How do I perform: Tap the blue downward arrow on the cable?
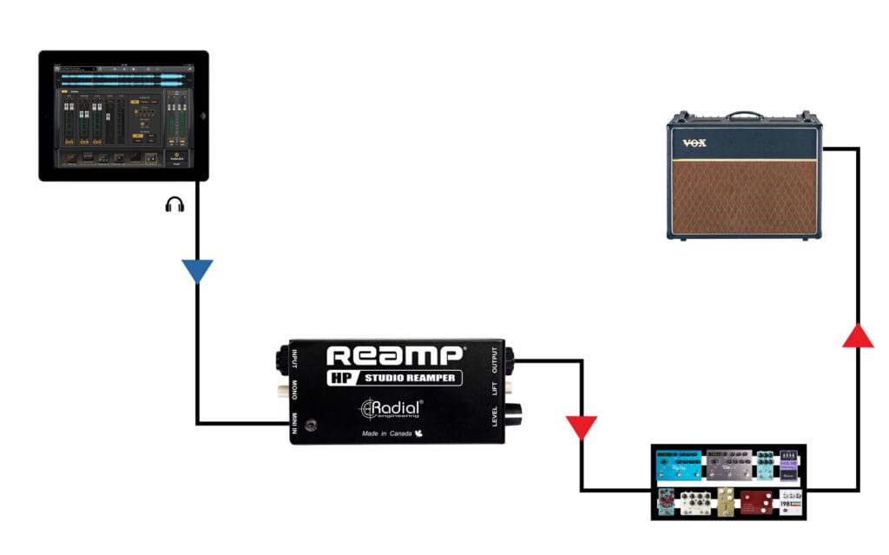[198, 272]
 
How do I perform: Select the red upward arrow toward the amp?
[858, 335]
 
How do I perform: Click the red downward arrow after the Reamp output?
[581, 427]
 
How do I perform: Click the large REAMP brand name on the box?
[393, 357]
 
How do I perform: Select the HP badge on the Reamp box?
[341, 378]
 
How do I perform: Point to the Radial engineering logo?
[392, 408]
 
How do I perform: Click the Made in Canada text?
[388, 433]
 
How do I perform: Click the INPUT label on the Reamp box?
[294, 360]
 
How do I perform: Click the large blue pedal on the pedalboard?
[678, 466]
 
